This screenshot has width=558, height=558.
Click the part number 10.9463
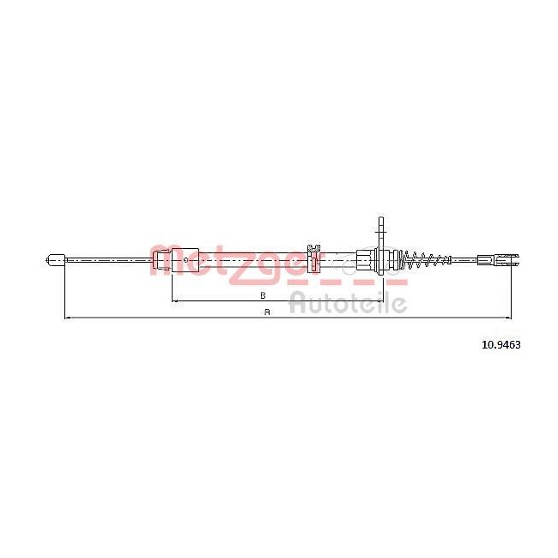[x=501, y=344]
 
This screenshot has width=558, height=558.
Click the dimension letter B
[x=263, y=295]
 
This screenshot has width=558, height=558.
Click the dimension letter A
[x=267, y=312]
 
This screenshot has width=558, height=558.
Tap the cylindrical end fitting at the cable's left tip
[x=56, y=260]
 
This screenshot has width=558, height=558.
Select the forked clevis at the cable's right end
[x=509, y=259]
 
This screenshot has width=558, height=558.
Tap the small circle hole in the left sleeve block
[x=185, y=260]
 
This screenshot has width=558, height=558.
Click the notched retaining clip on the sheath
[x=313, y=257]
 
